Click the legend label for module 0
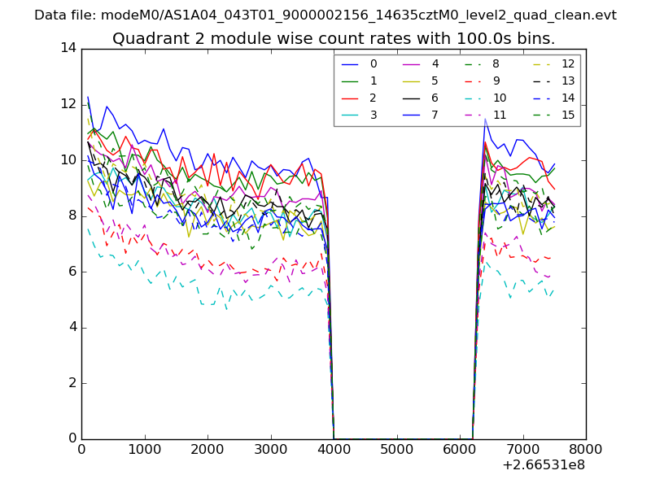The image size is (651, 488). pos(374,63)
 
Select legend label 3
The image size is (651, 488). pos(374,115)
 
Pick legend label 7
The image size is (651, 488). pos(435,115)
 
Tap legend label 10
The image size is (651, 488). pos(499,98)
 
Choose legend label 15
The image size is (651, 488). pos(568,115)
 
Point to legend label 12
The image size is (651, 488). pos(568,63)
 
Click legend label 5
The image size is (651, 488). pos(435,81)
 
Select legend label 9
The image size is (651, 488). pos(496,81)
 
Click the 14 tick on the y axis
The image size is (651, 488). pos(68,48)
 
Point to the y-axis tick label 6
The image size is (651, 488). pos(72,271)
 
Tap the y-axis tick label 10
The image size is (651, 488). pos(68,159)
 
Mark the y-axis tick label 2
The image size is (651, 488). pos(72,382)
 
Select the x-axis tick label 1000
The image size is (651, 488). pos(144,447)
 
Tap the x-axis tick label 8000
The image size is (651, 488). pos(585,447)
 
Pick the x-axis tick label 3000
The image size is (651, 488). pos(270,447)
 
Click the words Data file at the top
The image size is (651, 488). pos(63,15)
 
